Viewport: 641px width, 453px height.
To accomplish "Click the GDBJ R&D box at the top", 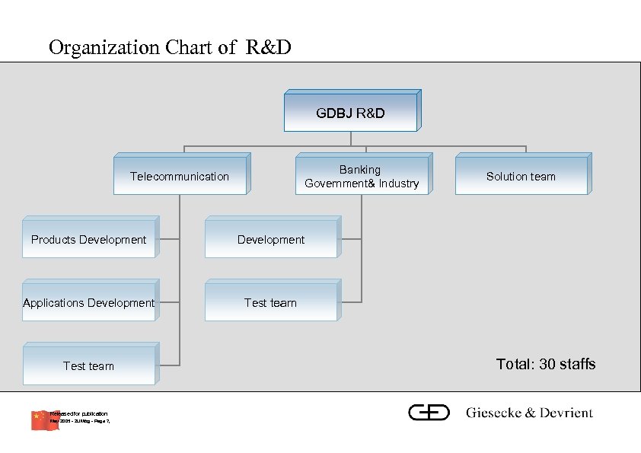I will click(350, 113).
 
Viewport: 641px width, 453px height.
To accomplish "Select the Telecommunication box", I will click(179, 177).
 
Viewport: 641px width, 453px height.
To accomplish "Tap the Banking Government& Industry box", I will click(362, 177).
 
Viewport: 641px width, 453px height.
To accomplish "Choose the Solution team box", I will click(521, 177).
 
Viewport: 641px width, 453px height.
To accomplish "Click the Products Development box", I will click(88, 240).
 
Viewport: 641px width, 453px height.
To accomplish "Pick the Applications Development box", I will click(88, 303).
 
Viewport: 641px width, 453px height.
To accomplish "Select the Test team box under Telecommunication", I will click(88, 366).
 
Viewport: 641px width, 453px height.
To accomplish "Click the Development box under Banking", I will click(270, 240).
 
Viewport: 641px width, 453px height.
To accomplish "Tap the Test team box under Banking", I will click(270, 303).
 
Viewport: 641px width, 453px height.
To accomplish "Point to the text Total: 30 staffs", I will click(545, 364).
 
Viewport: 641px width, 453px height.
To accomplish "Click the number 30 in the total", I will click(547, 364).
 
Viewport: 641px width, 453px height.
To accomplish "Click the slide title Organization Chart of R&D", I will click(170, 48).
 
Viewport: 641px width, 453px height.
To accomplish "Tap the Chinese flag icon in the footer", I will click(44, 420).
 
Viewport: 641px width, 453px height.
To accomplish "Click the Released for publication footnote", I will click(79, 413).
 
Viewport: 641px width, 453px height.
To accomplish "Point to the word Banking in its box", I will click(360, 170).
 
